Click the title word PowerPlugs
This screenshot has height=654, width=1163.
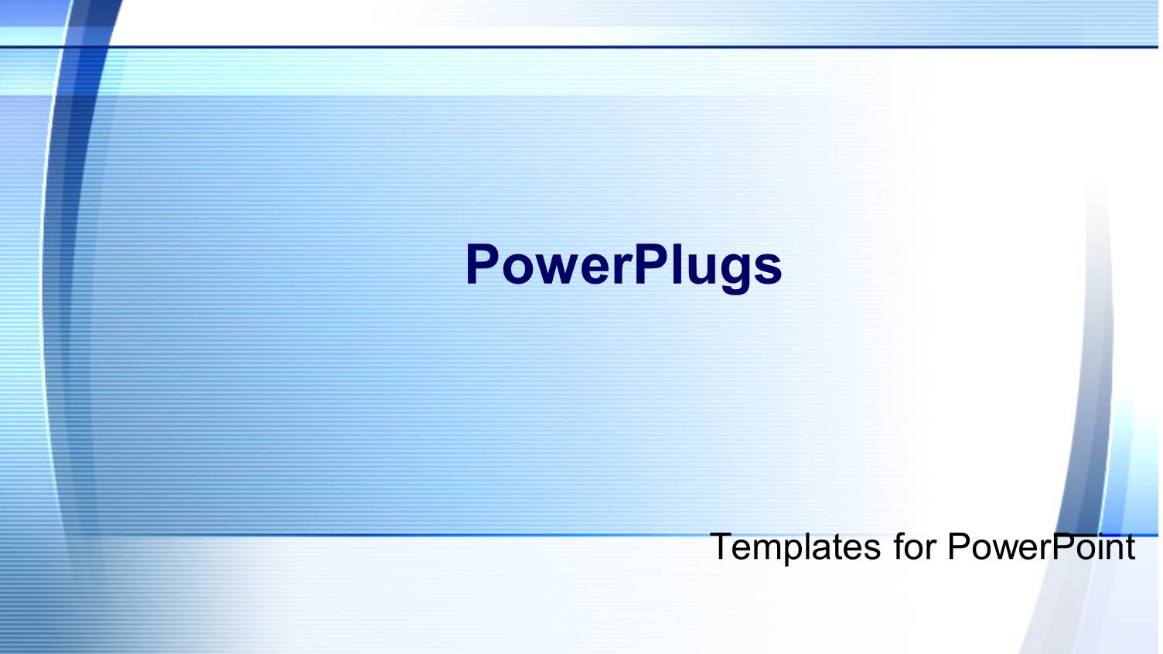(623, 265)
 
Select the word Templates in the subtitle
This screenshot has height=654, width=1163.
(795, 547)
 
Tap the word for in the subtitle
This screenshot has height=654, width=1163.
(914, 547)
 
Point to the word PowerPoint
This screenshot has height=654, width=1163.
(1041, 547)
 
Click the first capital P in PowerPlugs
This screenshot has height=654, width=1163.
(483, 265)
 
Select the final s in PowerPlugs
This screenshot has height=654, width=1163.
(767, 267)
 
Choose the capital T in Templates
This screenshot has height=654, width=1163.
(721, 547)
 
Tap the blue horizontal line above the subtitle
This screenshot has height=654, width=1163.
(464, 534)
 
